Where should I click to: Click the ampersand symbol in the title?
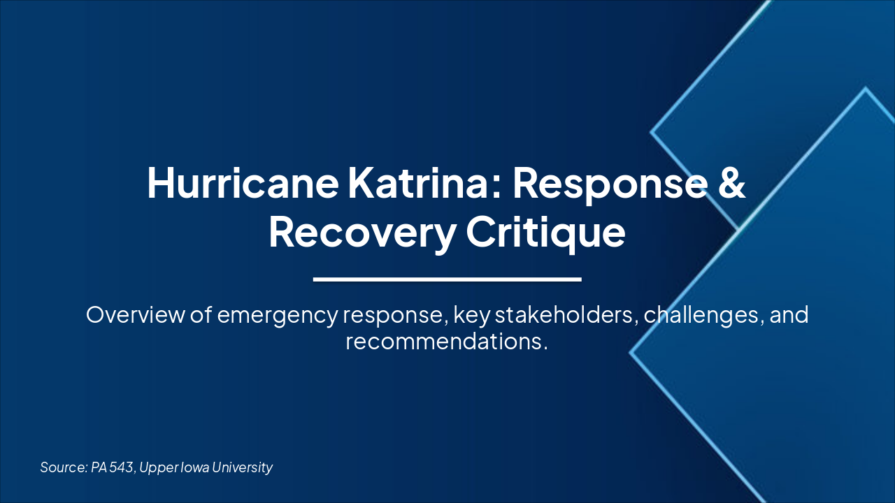point(731,183)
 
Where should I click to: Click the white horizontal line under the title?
point(447,279)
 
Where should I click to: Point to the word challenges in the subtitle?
point(703,315)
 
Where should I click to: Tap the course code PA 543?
point(112,467)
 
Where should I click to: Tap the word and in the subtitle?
point(789,315)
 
